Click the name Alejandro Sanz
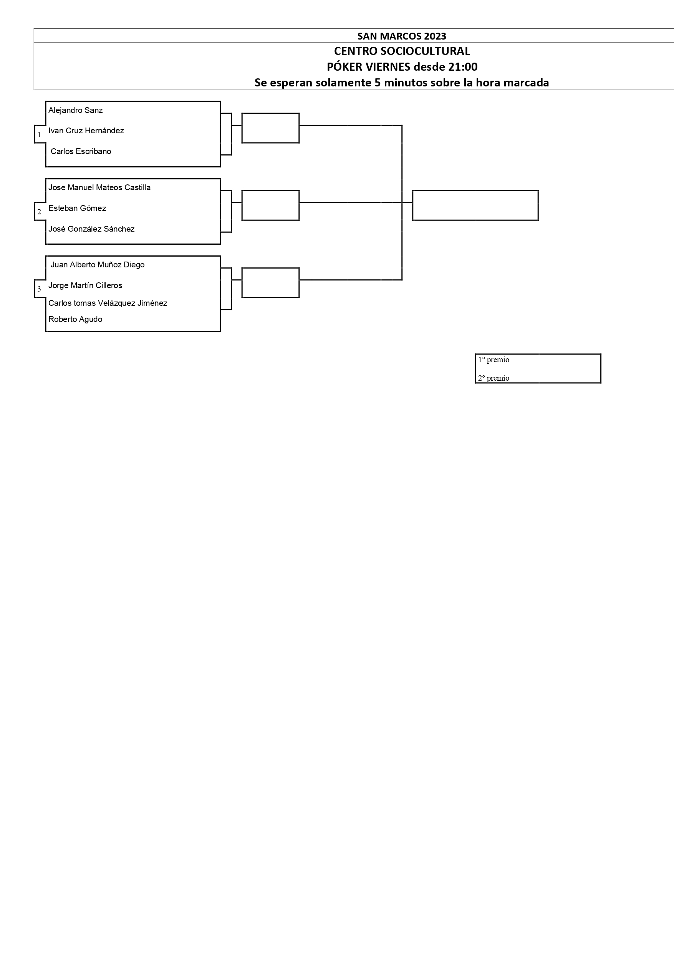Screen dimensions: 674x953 pyautogui.click(x=76, y=110)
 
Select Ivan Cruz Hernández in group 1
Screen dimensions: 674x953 pyautogui.click(x=86, y=131)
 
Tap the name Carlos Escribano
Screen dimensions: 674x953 pyautogui.click(x=81, y=151)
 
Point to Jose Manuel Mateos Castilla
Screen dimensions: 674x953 pyautogui.click(x=99, y=187)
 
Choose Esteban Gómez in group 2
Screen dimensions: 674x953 pyautogui.click(x=77, y=208)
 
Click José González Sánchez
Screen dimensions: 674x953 pyautogui.click(x=91, y=229)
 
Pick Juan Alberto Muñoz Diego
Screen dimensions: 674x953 pyautogui.click(x=98, y=265)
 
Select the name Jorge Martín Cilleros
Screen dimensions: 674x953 pyautogui.click(x=85, y=285)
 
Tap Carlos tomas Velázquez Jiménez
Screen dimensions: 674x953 pyautogui.click(x=108, y=303)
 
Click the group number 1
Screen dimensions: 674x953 pyautogui.click(x=40, y=134)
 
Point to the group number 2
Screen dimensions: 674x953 pyautogui.click(x=40, y=212)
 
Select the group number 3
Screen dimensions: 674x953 pyautogui.click(x=40, y=289)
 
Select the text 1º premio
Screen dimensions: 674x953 pyautogui.click(x=493, y=360)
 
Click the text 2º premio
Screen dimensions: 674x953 pyautogui.click(x=493, y=378)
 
